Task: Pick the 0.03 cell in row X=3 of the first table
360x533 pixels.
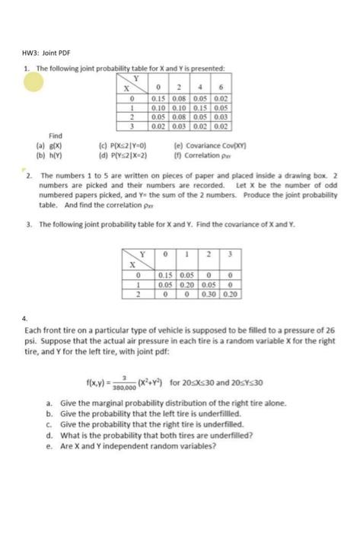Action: (x=177, y=127)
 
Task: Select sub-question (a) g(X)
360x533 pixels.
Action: (x=43, y=143)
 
